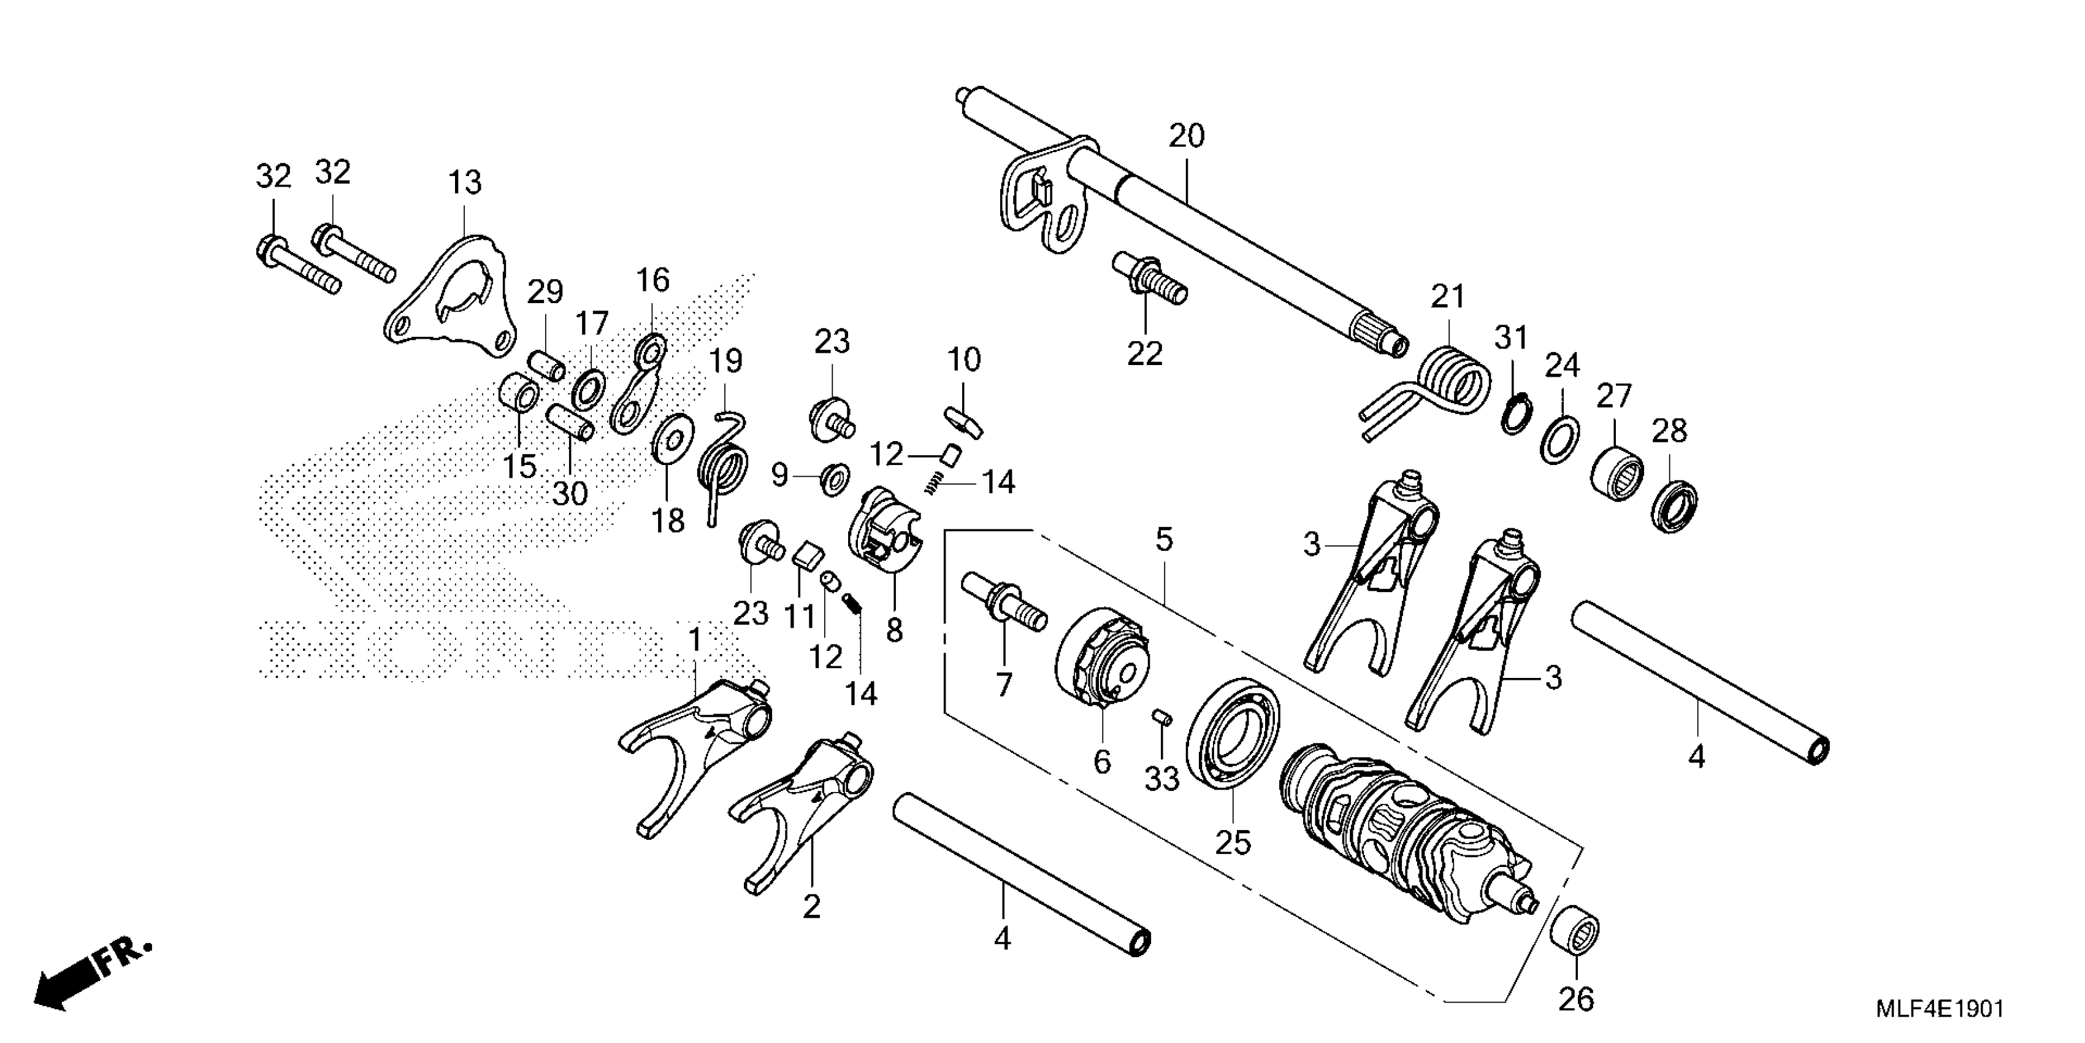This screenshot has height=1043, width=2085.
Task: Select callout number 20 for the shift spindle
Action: [x=1187, y=136]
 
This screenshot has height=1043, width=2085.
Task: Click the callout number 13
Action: [x=465, y=183]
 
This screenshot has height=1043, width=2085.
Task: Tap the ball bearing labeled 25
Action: [x=1233, y=734]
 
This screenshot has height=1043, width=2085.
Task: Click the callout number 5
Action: [x=1164, y=539]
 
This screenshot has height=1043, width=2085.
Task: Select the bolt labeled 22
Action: [x=1149, y=279]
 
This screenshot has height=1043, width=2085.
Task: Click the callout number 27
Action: [x=1614, y=397]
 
